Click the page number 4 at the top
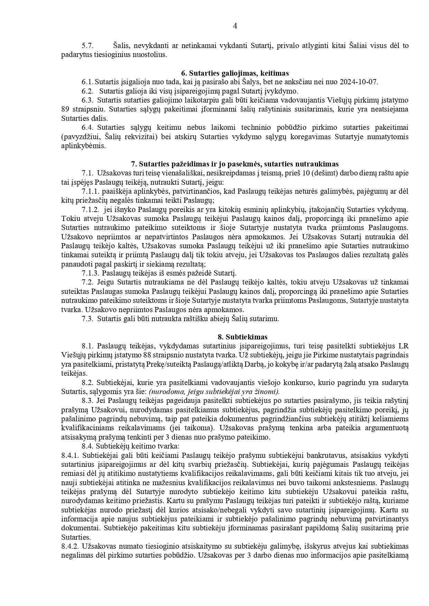[x=235, y=26]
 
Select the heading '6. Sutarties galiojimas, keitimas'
[x=235, y=73]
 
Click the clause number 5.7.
[x=87, y=46]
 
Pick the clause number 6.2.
[x=87, y=91]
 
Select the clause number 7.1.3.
[x=91, y=273]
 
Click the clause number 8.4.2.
[x=70, y=546]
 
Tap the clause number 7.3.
[x=87, y=319]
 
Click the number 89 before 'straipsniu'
[x=65, y=109]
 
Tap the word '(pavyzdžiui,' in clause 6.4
[x=80, y=137]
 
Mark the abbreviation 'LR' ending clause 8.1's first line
[x=403, y=346]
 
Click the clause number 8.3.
[x=87, y=401]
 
